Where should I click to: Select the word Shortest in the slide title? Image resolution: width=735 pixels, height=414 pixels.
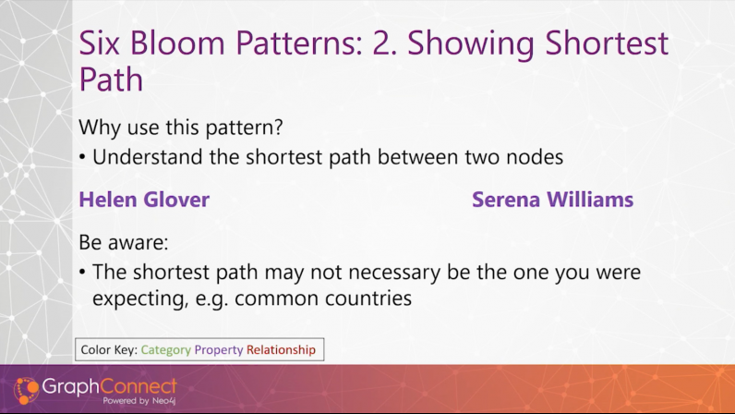tap(607, 43)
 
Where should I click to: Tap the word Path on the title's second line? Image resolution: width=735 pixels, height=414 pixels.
tap(111, 79)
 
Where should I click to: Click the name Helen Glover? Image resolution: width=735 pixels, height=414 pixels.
tap(144, 200)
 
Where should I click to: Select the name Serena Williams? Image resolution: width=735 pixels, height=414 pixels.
tap(553, 200)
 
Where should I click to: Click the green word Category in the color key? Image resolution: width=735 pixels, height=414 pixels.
tap(166, 350)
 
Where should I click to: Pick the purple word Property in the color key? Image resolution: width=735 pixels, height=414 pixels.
tap(219, 350)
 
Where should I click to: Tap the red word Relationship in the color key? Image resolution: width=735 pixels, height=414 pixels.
tap(281, 349)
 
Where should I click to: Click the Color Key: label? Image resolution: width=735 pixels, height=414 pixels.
tap(109, 350)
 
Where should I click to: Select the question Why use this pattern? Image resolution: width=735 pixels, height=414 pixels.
tap(181, 128)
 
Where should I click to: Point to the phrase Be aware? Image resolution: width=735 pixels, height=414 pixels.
tap(124, 242)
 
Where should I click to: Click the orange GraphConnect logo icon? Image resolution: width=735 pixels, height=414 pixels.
tap(26, 391)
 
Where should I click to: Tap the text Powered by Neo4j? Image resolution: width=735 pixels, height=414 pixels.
tap(139, 401)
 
